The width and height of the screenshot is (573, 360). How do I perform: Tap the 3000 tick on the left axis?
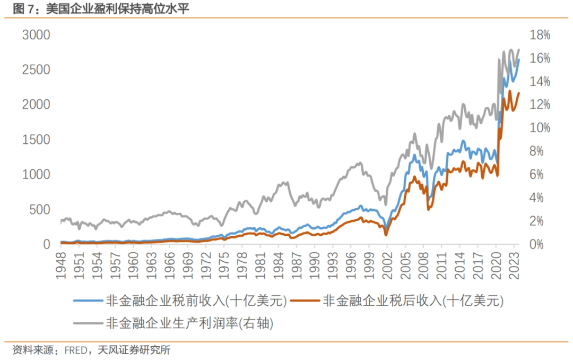[x=36, y=35]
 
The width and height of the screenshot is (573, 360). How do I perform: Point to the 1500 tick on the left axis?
[x=36, y=140]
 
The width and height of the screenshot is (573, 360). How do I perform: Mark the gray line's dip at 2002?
[x=386, y=204]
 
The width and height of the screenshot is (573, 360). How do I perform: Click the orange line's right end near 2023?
[x=519, y=93]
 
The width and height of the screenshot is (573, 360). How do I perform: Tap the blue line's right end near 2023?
[x=519, y=59]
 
